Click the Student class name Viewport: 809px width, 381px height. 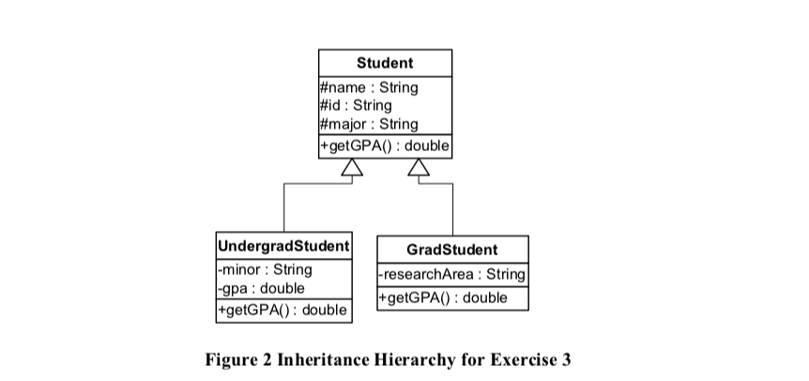[x=385, y=63]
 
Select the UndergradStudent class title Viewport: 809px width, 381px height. [x=283, y=246]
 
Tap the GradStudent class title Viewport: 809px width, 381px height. [x=452, y=250]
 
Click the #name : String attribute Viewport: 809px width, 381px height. [x=369, y=88]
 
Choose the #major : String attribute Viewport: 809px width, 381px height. [x=369, y=124]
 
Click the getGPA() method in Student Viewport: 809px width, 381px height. [x=385, y=146]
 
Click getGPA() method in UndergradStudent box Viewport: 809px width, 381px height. [x=282, y=310]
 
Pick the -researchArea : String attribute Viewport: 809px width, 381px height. [x=452, y=275]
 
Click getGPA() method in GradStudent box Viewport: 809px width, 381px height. [x=442, y=298]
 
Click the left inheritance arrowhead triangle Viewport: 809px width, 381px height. [x=351, y=168]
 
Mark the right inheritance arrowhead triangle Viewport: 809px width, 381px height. [x=419, y=168]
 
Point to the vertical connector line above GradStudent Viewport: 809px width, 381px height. [x=452, y=208]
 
